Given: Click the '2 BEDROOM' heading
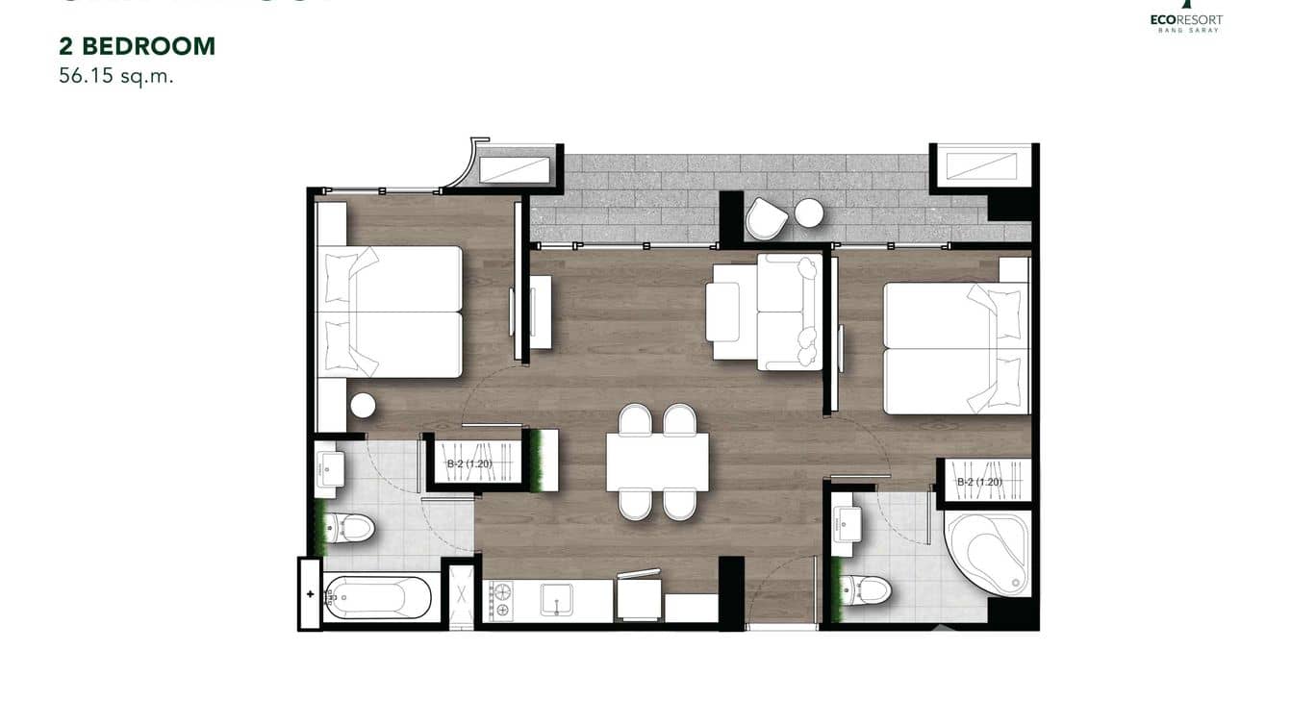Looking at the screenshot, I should [137, 45].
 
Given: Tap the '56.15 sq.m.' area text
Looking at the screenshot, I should [115, 77].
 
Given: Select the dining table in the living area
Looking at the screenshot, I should [657, 462].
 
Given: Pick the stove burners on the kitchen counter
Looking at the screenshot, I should [500, 601].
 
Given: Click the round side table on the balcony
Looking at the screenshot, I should [809, 212].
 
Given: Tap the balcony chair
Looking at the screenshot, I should [766, 218].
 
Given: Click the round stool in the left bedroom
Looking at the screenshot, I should [363, 406].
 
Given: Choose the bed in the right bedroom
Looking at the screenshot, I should [952, 348].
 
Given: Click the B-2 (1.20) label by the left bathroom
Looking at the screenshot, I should [468, 463].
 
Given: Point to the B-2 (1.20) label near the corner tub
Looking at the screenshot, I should [979, 482].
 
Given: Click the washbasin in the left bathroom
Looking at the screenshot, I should [329, 469].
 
